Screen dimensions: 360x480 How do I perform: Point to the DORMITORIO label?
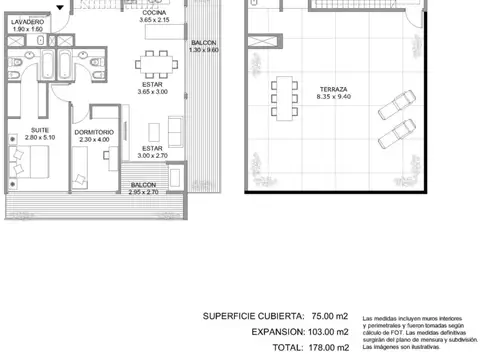coord(93,131)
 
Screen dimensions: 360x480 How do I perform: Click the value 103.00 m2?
coord(327,331)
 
